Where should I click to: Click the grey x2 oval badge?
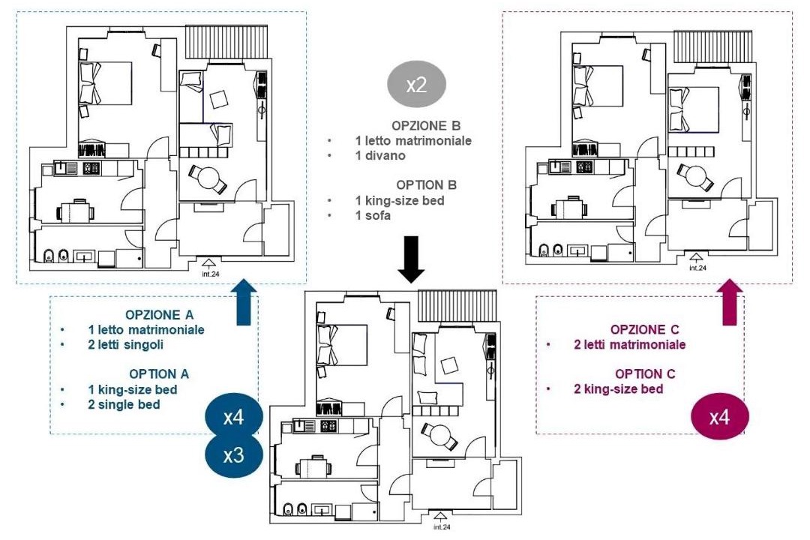(416, 84)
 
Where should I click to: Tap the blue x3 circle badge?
(234, 455)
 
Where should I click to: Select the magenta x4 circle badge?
(719, 416)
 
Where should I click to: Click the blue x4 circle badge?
(234, 416)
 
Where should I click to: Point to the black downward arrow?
(411, 259)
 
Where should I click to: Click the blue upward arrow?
(243, 302)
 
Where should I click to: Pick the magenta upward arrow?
(730, 302)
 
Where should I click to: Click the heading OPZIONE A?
(160, 315)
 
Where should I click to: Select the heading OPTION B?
(427, 185)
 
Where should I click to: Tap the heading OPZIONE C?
(645, 330)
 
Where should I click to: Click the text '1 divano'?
(380, 155)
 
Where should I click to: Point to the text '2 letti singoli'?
(125, 345)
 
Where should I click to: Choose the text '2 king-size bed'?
(618, 389)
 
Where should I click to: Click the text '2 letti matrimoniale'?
(630, 345)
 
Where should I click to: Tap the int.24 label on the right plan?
(697, 268)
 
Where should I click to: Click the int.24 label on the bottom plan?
(442, 526)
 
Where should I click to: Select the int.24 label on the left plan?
(210, 274)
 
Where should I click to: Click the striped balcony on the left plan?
(226, 42)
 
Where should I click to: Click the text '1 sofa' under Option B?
(373, 215)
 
